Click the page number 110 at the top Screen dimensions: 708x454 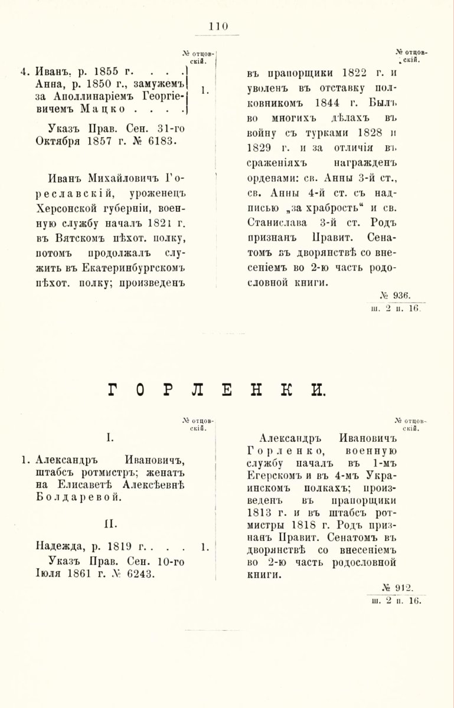coord(218,25)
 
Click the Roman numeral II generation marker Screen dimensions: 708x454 coord(110,522)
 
